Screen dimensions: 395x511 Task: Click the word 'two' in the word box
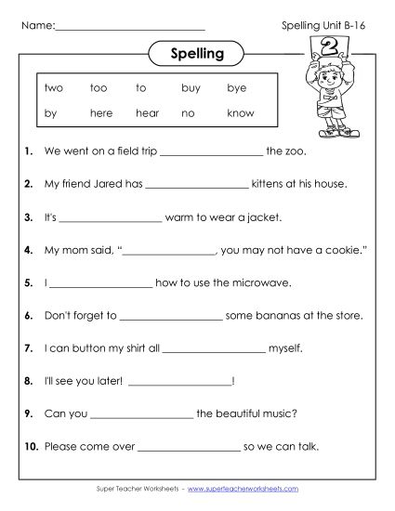pyautogui.click(x=53, y=88)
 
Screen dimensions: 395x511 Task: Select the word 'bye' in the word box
pyautogui.click(x=235, y=88)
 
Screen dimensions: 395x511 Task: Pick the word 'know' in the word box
pyautogui.click(x=240, y=113)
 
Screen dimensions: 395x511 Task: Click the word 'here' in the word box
pyautogui.click(x=101, y=113)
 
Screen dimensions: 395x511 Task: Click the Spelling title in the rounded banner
pyautogui.click(x=198, y=54)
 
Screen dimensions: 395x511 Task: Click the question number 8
pyautogui.click(x=30, y=380)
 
